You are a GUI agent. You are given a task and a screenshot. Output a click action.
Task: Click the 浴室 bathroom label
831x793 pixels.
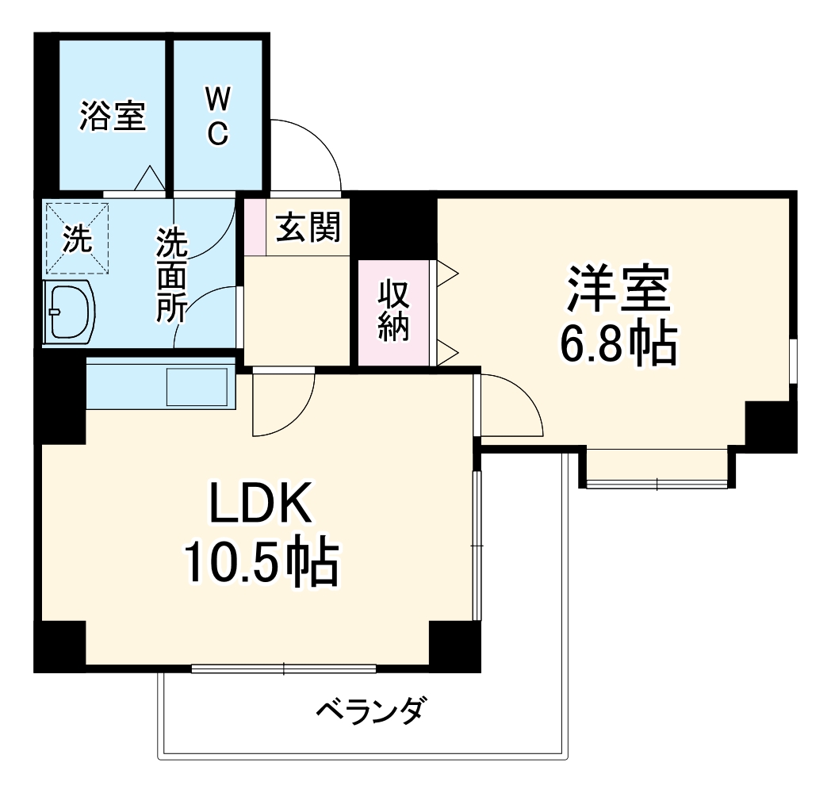(x=113, y=117)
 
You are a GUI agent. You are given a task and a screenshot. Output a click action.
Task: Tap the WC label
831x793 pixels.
(x=218, y=117)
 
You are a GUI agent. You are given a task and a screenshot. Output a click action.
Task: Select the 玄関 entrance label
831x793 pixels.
(x=308, y=228)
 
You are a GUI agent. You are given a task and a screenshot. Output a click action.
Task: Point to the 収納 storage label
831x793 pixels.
(x=394, y=311)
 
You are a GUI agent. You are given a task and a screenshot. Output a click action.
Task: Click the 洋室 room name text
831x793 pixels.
(x=618, y=289)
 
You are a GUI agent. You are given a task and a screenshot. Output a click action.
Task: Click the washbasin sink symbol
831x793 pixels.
(x=70, y=311)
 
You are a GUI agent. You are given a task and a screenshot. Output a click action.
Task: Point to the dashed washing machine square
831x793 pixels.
(x=76, y=238)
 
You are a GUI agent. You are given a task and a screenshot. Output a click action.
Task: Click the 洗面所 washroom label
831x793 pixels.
(x=170, y=274)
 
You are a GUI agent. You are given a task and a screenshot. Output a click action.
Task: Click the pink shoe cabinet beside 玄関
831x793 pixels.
(x=255, y=227)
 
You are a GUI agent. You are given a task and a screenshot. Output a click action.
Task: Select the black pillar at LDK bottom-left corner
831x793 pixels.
(x=59, y=646)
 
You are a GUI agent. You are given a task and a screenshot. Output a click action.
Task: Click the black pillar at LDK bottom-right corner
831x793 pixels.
(x=454, y=646)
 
